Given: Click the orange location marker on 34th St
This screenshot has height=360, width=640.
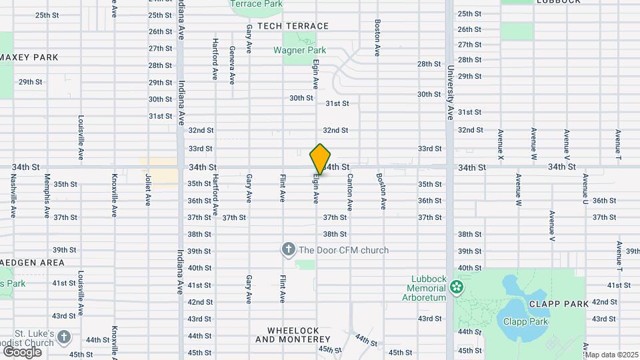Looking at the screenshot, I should (321, 159).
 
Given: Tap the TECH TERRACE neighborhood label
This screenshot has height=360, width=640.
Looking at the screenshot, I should (293, 26).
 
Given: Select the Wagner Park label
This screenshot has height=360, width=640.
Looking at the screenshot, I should (299, 50).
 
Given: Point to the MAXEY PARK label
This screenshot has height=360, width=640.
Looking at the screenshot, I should (29, 57).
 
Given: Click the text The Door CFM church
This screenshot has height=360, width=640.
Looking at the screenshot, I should (343, 251).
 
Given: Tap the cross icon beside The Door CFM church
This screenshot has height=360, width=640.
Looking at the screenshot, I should (289, 250).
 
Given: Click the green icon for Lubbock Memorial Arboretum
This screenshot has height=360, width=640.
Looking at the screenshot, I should (457, 288).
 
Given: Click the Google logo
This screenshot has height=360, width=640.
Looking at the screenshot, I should (22, 351).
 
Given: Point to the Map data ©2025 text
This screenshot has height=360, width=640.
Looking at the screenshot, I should (611, 355).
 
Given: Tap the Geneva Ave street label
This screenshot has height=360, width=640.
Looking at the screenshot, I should (232, 65).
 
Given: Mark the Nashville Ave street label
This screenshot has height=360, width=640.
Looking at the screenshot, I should (13, 197).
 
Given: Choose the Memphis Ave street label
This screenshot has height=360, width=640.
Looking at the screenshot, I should (47, 197).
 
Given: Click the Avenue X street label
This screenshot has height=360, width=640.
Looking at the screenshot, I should (500, 144).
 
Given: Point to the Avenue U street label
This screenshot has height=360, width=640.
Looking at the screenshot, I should (585, 190).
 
